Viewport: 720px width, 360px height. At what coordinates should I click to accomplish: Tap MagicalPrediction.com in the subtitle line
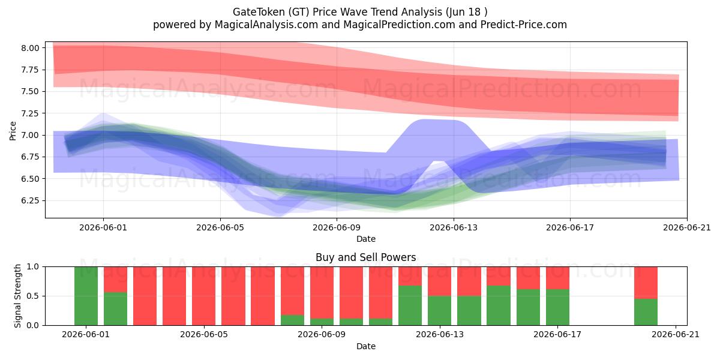pos(399,25)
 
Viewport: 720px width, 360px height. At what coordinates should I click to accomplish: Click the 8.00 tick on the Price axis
pos(30,48)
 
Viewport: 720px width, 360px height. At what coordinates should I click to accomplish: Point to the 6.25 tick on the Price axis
pos(30,201)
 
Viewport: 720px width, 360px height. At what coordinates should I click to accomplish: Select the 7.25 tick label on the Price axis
pos(30,113)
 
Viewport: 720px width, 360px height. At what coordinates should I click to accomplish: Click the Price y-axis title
pos(13,131)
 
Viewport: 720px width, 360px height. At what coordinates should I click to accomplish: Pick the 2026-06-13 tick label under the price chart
pos(454,227)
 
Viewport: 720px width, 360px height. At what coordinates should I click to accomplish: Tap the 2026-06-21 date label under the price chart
pos(687,227)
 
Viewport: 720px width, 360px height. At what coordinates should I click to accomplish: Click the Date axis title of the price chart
pos(366,239)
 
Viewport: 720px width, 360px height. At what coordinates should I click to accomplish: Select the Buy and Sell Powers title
pos(366,257)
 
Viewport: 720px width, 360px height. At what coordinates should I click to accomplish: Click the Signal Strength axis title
pos(17,296)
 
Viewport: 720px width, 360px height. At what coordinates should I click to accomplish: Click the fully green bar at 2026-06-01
pos(86,296)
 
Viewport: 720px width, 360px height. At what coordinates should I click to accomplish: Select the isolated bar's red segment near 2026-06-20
pos(646,283)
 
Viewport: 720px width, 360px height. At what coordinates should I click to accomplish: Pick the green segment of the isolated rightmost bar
pos(646,312)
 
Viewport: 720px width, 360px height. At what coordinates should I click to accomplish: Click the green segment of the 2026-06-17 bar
pos(557,307)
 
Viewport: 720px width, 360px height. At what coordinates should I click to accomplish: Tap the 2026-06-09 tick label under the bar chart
pos(322,335)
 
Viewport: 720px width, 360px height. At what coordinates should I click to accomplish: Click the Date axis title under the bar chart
pos(366,346)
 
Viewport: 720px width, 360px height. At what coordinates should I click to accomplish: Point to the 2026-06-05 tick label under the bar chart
pos(204,335)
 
